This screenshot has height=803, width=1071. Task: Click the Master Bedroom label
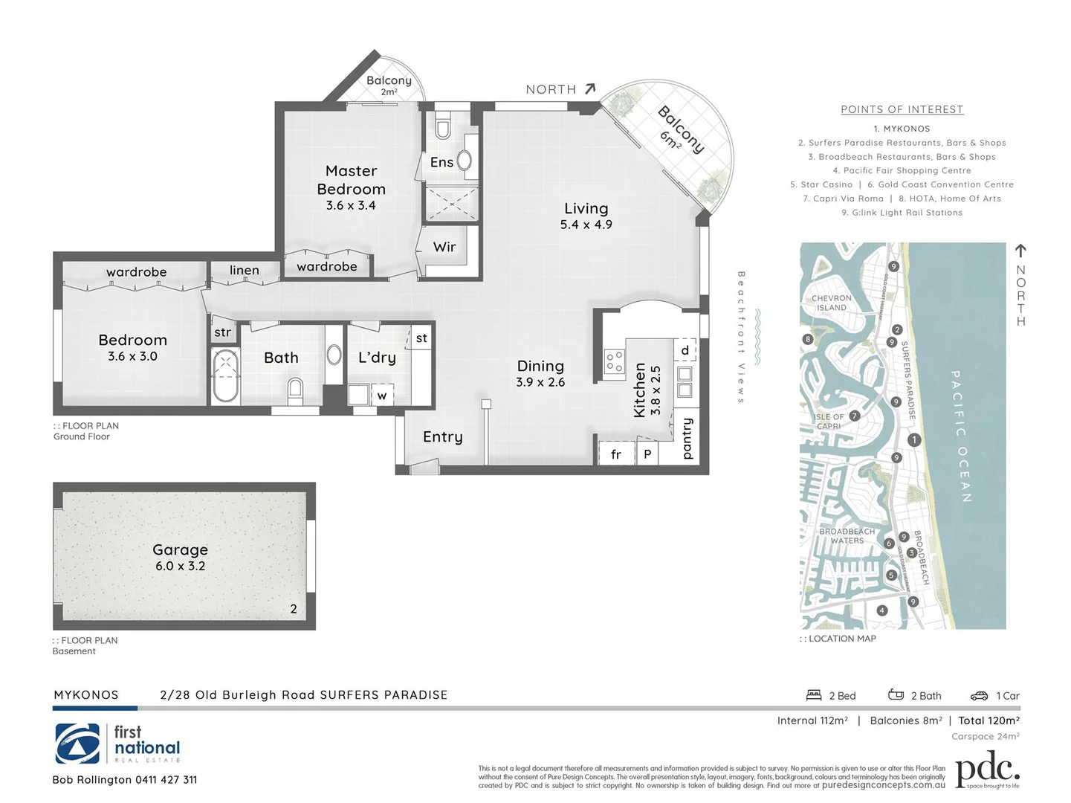[351, 180]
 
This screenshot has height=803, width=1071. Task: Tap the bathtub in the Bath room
[224, 375]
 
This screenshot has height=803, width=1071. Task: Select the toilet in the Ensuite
[443, 128]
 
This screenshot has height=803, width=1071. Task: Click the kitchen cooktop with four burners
[614, 361]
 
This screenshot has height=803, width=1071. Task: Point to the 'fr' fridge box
[616, 454]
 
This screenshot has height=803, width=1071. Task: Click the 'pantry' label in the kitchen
[687, 438]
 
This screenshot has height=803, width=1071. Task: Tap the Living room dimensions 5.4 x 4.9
[586, 225]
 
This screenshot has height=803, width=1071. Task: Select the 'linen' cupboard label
[244, 270]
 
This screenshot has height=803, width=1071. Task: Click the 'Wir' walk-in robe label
[444, 247]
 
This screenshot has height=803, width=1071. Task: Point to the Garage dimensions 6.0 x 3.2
[180, 566]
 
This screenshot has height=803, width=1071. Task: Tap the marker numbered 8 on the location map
[808, 340]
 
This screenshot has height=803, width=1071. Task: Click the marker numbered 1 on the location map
[914, 439]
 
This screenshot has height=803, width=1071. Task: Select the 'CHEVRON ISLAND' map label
[832, 303]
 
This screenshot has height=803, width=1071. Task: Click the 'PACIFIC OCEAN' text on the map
[961, 436]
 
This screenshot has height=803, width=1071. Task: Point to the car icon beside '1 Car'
[979, 696]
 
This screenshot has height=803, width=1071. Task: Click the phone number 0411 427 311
[166, 780]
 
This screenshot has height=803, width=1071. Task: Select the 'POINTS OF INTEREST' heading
[902, 109]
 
